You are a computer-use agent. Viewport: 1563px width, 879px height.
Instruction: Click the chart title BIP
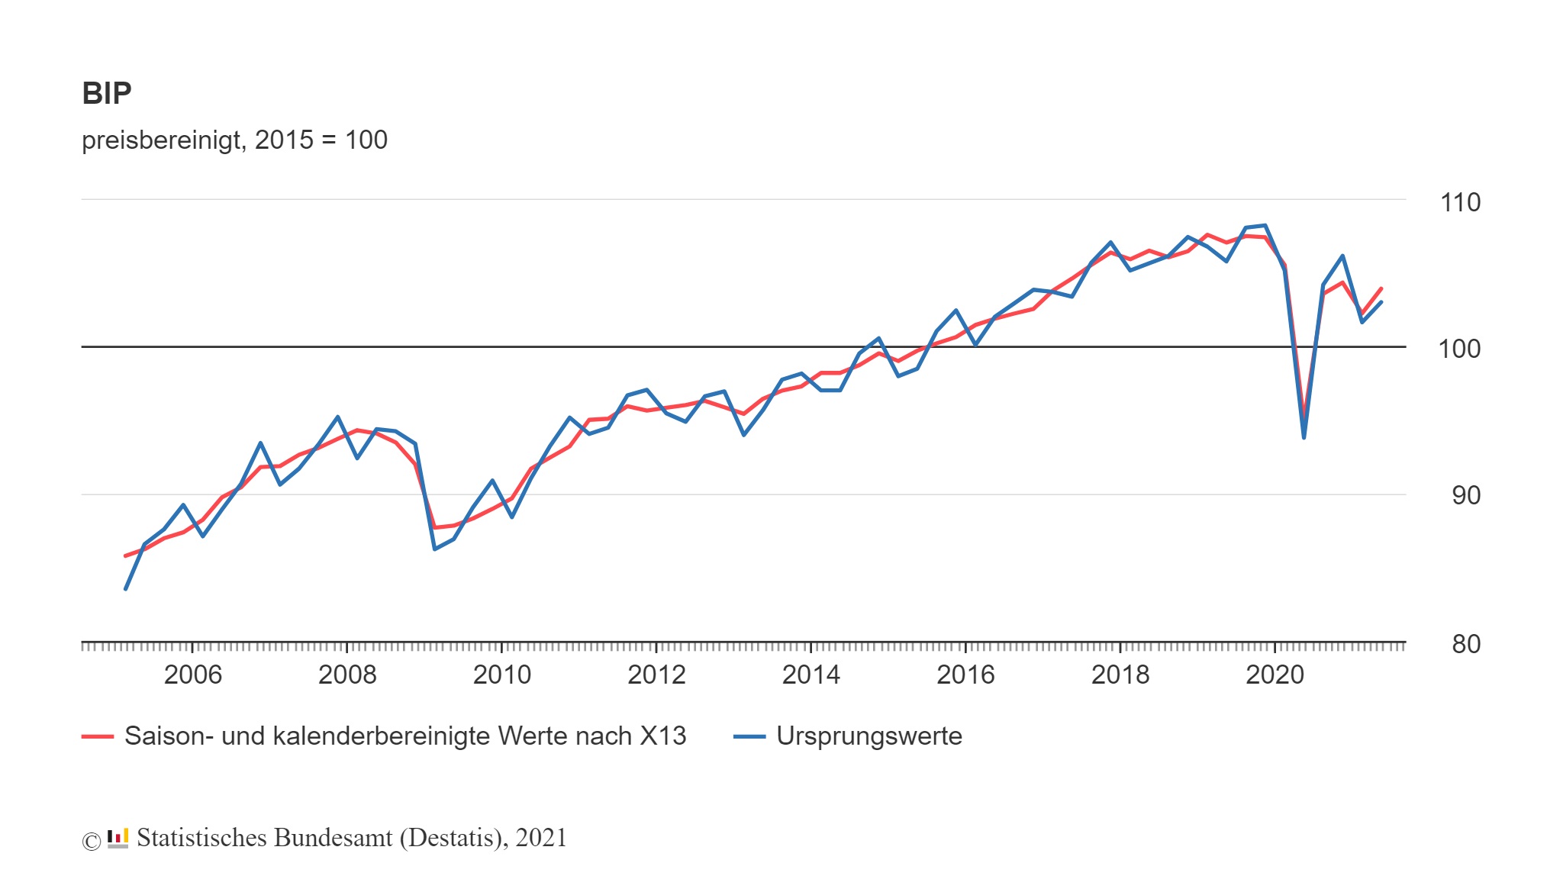click(107, 94)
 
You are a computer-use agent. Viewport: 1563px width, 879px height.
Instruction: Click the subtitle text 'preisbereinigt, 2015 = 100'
click(234, 140)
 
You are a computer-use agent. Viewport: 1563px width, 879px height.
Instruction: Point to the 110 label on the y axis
click(1459, 203)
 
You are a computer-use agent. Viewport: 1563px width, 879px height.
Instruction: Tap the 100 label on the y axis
click(1458, 349)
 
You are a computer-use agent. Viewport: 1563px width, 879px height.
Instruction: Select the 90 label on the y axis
click(1465, 496)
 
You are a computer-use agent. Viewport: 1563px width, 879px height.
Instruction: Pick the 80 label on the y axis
click(1465, 645)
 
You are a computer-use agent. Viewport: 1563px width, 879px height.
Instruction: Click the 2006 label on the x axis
click(193, 675)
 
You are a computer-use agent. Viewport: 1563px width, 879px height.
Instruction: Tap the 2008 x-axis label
click(347, 675)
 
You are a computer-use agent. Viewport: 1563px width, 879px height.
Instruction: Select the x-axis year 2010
click(502, 675)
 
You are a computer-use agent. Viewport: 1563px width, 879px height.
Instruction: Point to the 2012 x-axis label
click(656, 675)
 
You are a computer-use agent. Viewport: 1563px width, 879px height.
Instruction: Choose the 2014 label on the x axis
click(811, 675)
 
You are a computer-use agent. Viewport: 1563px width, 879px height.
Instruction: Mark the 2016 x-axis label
click(965, 675)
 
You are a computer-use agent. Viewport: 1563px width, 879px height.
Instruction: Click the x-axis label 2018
click(1120, 675)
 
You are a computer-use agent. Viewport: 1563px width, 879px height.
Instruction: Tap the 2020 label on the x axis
click(1275, 675)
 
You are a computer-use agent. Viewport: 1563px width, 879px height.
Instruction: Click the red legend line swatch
click(98, 737)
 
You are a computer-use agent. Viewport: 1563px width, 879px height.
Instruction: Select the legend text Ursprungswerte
click(869, 736)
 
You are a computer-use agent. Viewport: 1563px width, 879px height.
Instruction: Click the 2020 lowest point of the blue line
click(1304, 437)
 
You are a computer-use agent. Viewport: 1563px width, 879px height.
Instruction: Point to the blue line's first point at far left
click(125, 589)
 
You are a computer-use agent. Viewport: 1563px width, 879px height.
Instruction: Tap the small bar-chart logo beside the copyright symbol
click(118, 839)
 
